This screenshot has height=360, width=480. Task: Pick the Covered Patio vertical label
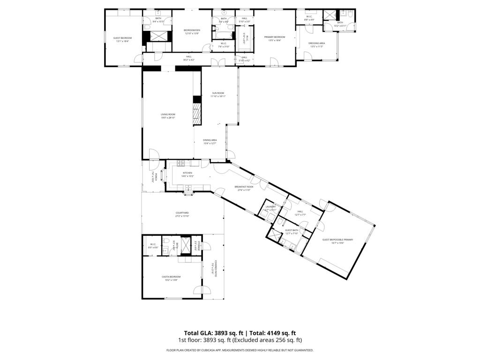pyautogui.click(x=215, y=268)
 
